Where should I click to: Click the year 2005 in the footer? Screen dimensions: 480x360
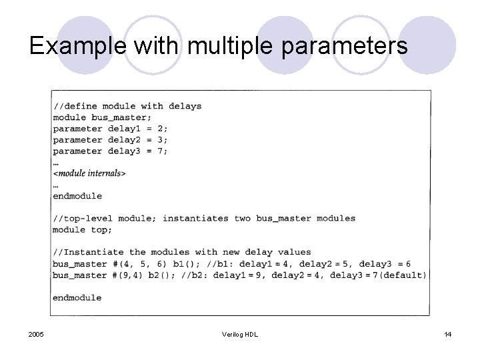(x=37, y=334)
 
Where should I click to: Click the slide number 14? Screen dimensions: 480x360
(x=447, y=334)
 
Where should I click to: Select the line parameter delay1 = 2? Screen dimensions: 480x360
(x=111, y=129)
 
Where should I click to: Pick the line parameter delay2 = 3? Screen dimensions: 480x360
(x=111, y=140)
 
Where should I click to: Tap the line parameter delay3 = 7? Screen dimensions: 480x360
(x=111, y=151)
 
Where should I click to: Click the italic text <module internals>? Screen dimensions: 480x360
(x=89, y=173)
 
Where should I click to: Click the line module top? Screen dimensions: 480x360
(x=83, y=230)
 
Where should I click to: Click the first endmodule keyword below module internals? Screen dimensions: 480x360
(x=77, y=196)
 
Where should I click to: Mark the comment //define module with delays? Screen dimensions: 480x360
(x=127, y=106)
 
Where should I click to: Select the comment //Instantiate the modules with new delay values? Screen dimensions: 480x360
(x=182, y=253)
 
